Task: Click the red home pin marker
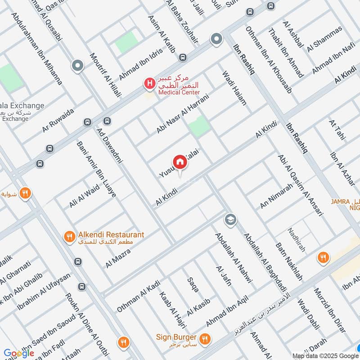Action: coord(179,162)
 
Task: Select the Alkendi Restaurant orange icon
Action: coord(69,236)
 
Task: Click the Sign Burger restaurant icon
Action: coord(205,338)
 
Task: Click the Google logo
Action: coord(19,353)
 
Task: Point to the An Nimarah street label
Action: coord(276,196)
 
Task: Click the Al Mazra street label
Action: coord(118,258)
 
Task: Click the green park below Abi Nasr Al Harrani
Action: coord(199,126)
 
